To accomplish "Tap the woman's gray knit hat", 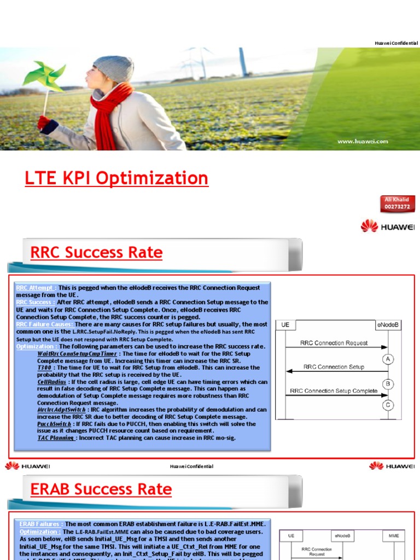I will pyautogui.click(x=114, y=68).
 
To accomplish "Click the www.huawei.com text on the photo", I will pyautogui.click(x=363, y=142).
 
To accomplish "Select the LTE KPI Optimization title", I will pyautogui.click(x=116, y=178).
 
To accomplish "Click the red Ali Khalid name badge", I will pyautogui.click(x=398, y=203).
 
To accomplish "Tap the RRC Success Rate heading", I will pyautogui.click(x=96, y=253).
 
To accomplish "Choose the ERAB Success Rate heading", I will pyautogui.click(x=101, y=489).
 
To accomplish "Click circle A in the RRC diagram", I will pyautogui.click(x=388, y=359).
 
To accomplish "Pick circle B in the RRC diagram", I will pyautogui.click(x=388, y=383).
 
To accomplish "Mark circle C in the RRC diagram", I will pyautogui.click(x=388, y=405).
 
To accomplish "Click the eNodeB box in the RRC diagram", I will pyautogui.click(x=388, y=325).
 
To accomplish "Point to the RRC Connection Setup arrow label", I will pyautogui.click(x=334, y=367).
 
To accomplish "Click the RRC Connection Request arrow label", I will pyautogui.click(x=334, y=343).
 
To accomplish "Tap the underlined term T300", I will pyautogui.click(x=45, y=367).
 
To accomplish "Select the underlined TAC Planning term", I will pyautogui.click(x=56, y=437).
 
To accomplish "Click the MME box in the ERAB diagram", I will pyautogui.click(x=394, y=536).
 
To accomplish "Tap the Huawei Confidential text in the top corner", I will pyautogui.click(x=396, y=43).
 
